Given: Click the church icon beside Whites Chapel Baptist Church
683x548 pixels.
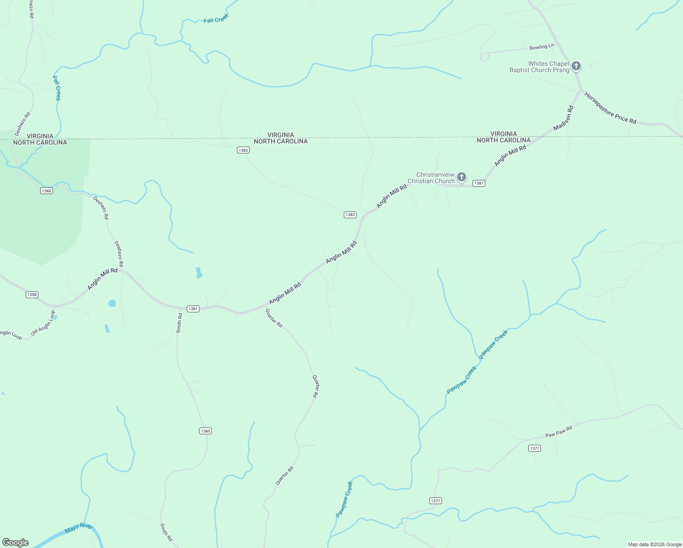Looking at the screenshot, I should [576, 66].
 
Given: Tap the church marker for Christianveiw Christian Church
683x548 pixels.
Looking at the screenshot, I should [462, 177].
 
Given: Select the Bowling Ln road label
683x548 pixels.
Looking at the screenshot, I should [541, 47].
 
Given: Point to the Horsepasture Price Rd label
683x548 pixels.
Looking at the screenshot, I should [610, 109].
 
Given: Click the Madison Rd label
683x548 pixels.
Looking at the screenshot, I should [563, 118].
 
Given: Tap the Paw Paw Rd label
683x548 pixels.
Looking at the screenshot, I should [558, 432].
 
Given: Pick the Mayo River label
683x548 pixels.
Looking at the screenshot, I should [78, 528].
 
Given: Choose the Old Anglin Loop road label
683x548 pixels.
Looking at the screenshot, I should [43, 323].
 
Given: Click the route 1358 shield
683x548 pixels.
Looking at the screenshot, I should [32, 295].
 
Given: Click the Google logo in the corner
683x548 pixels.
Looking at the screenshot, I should [16, 543].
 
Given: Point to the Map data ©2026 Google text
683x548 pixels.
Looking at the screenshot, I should [655, 544].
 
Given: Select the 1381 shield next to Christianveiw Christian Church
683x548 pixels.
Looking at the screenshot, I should [478, 183].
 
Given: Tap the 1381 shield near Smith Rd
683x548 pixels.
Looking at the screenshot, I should [193, 309].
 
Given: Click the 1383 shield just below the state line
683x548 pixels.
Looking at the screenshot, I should [243, 150].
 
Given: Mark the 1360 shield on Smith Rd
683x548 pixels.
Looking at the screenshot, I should [205, 431].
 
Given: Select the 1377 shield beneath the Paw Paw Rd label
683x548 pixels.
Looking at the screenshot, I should [535, 448].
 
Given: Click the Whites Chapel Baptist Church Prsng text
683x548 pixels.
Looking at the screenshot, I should [539, 67].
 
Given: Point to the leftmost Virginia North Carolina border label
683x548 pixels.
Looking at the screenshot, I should [40, 139].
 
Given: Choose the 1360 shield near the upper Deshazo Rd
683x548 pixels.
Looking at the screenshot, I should [47, 191].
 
